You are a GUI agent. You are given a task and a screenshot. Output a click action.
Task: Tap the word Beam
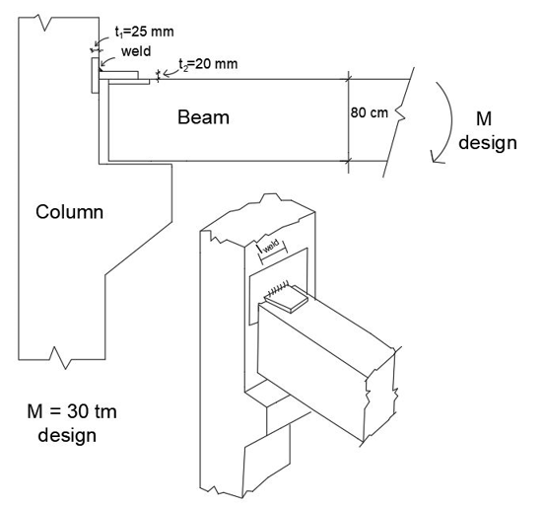tap(203, 118)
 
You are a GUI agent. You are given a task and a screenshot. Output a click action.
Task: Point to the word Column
tap(69, 211)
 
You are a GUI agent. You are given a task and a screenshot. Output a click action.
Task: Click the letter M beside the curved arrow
tap(485, 119)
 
